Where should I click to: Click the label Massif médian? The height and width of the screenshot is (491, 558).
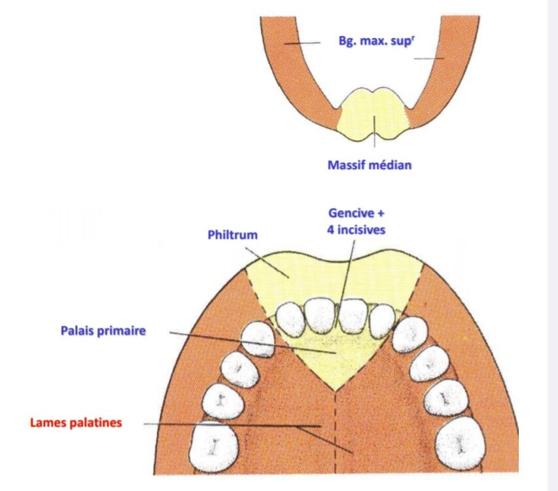coord(370,165)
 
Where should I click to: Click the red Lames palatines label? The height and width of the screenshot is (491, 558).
coord(76,423)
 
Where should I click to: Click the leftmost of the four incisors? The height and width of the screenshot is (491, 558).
coord(290,318)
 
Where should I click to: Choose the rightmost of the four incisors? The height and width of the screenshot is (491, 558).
coord(381,319)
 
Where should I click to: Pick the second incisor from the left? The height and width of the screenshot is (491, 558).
coord(321,314)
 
